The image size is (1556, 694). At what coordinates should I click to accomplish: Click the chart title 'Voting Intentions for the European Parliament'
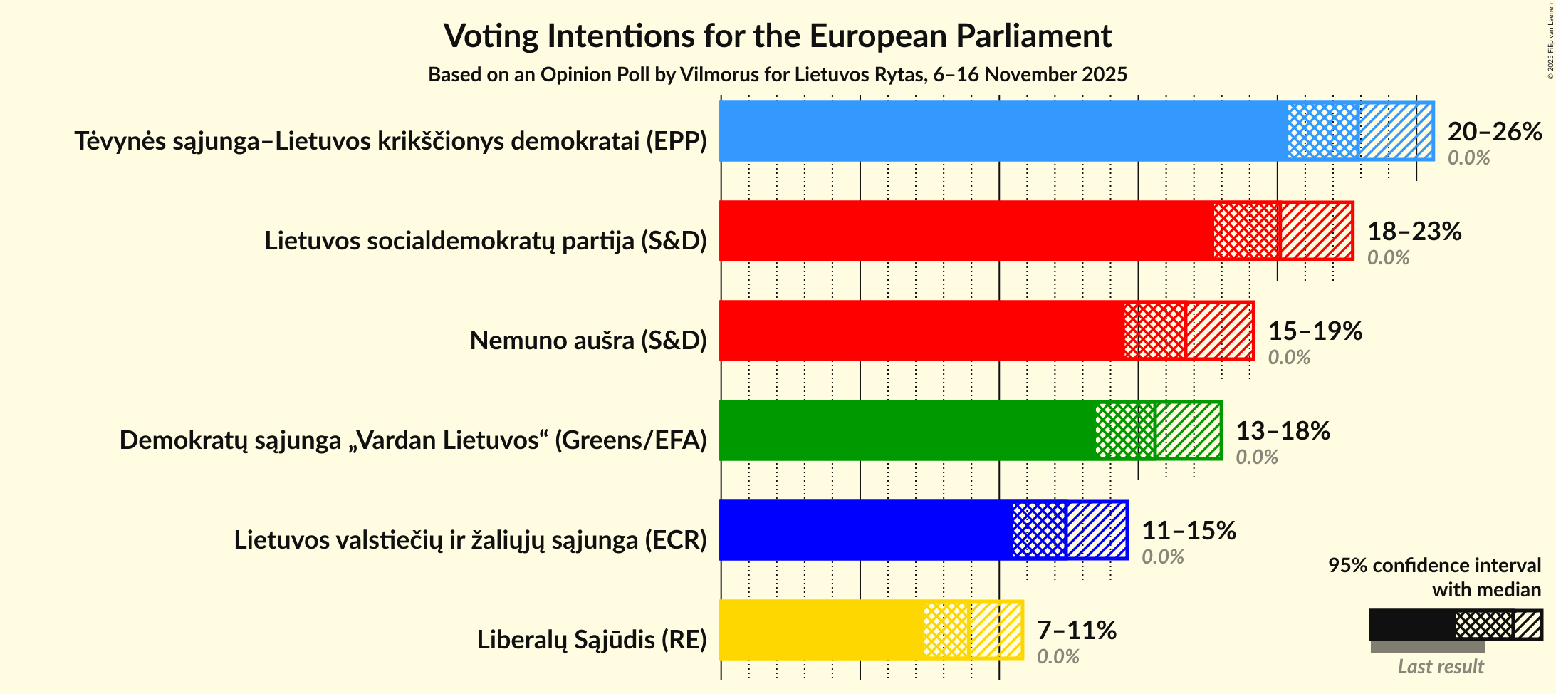(778, 36)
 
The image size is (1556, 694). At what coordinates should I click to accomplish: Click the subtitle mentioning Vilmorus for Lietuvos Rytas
(778, 75)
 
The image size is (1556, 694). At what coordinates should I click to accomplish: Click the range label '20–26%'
(1495, 132)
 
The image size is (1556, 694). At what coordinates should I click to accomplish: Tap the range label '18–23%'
(1414, 232)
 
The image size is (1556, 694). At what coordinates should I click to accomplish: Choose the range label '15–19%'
(1315, 331)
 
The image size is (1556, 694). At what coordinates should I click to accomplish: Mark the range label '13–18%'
(1283, 431)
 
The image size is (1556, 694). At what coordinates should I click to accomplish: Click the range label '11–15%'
(1189, 531)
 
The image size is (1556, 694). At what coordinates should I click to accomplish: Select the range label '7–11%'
(1076, 631)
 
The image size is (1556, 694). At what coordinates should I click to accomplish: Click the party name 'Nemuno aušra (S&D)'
(588, 341)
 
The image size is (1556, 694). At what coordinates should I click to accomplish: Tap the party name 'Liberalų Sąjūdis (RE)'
(592, 640)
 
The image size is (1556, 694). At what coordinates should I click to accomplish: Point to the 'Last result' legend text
(1441, 667)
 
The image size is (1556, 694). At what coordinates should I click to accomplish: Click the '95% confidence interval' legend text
(1434, 566)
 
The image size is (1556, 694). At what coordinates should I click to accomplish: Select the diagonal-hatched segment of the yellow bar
(996, 630)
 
